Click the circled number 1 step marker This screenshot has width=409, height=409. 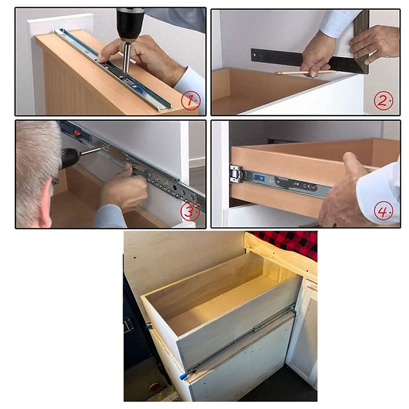coord(190,101)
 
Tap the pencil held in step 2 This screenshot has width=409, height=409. coord(302,73)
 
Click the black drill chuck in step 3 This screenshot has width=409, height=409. coord(70,158)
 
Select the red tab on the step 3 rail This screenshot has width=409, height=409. coord(78,133)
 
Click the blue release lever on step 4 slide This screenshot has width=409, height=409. coord(259,178)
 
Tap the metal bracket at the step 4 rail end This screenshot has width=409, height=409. coord(236,174)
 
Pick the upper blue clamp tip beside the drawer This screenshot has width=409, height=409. coord(149,326)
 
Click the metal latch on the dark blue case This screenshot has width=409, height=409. coord(128,325)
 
